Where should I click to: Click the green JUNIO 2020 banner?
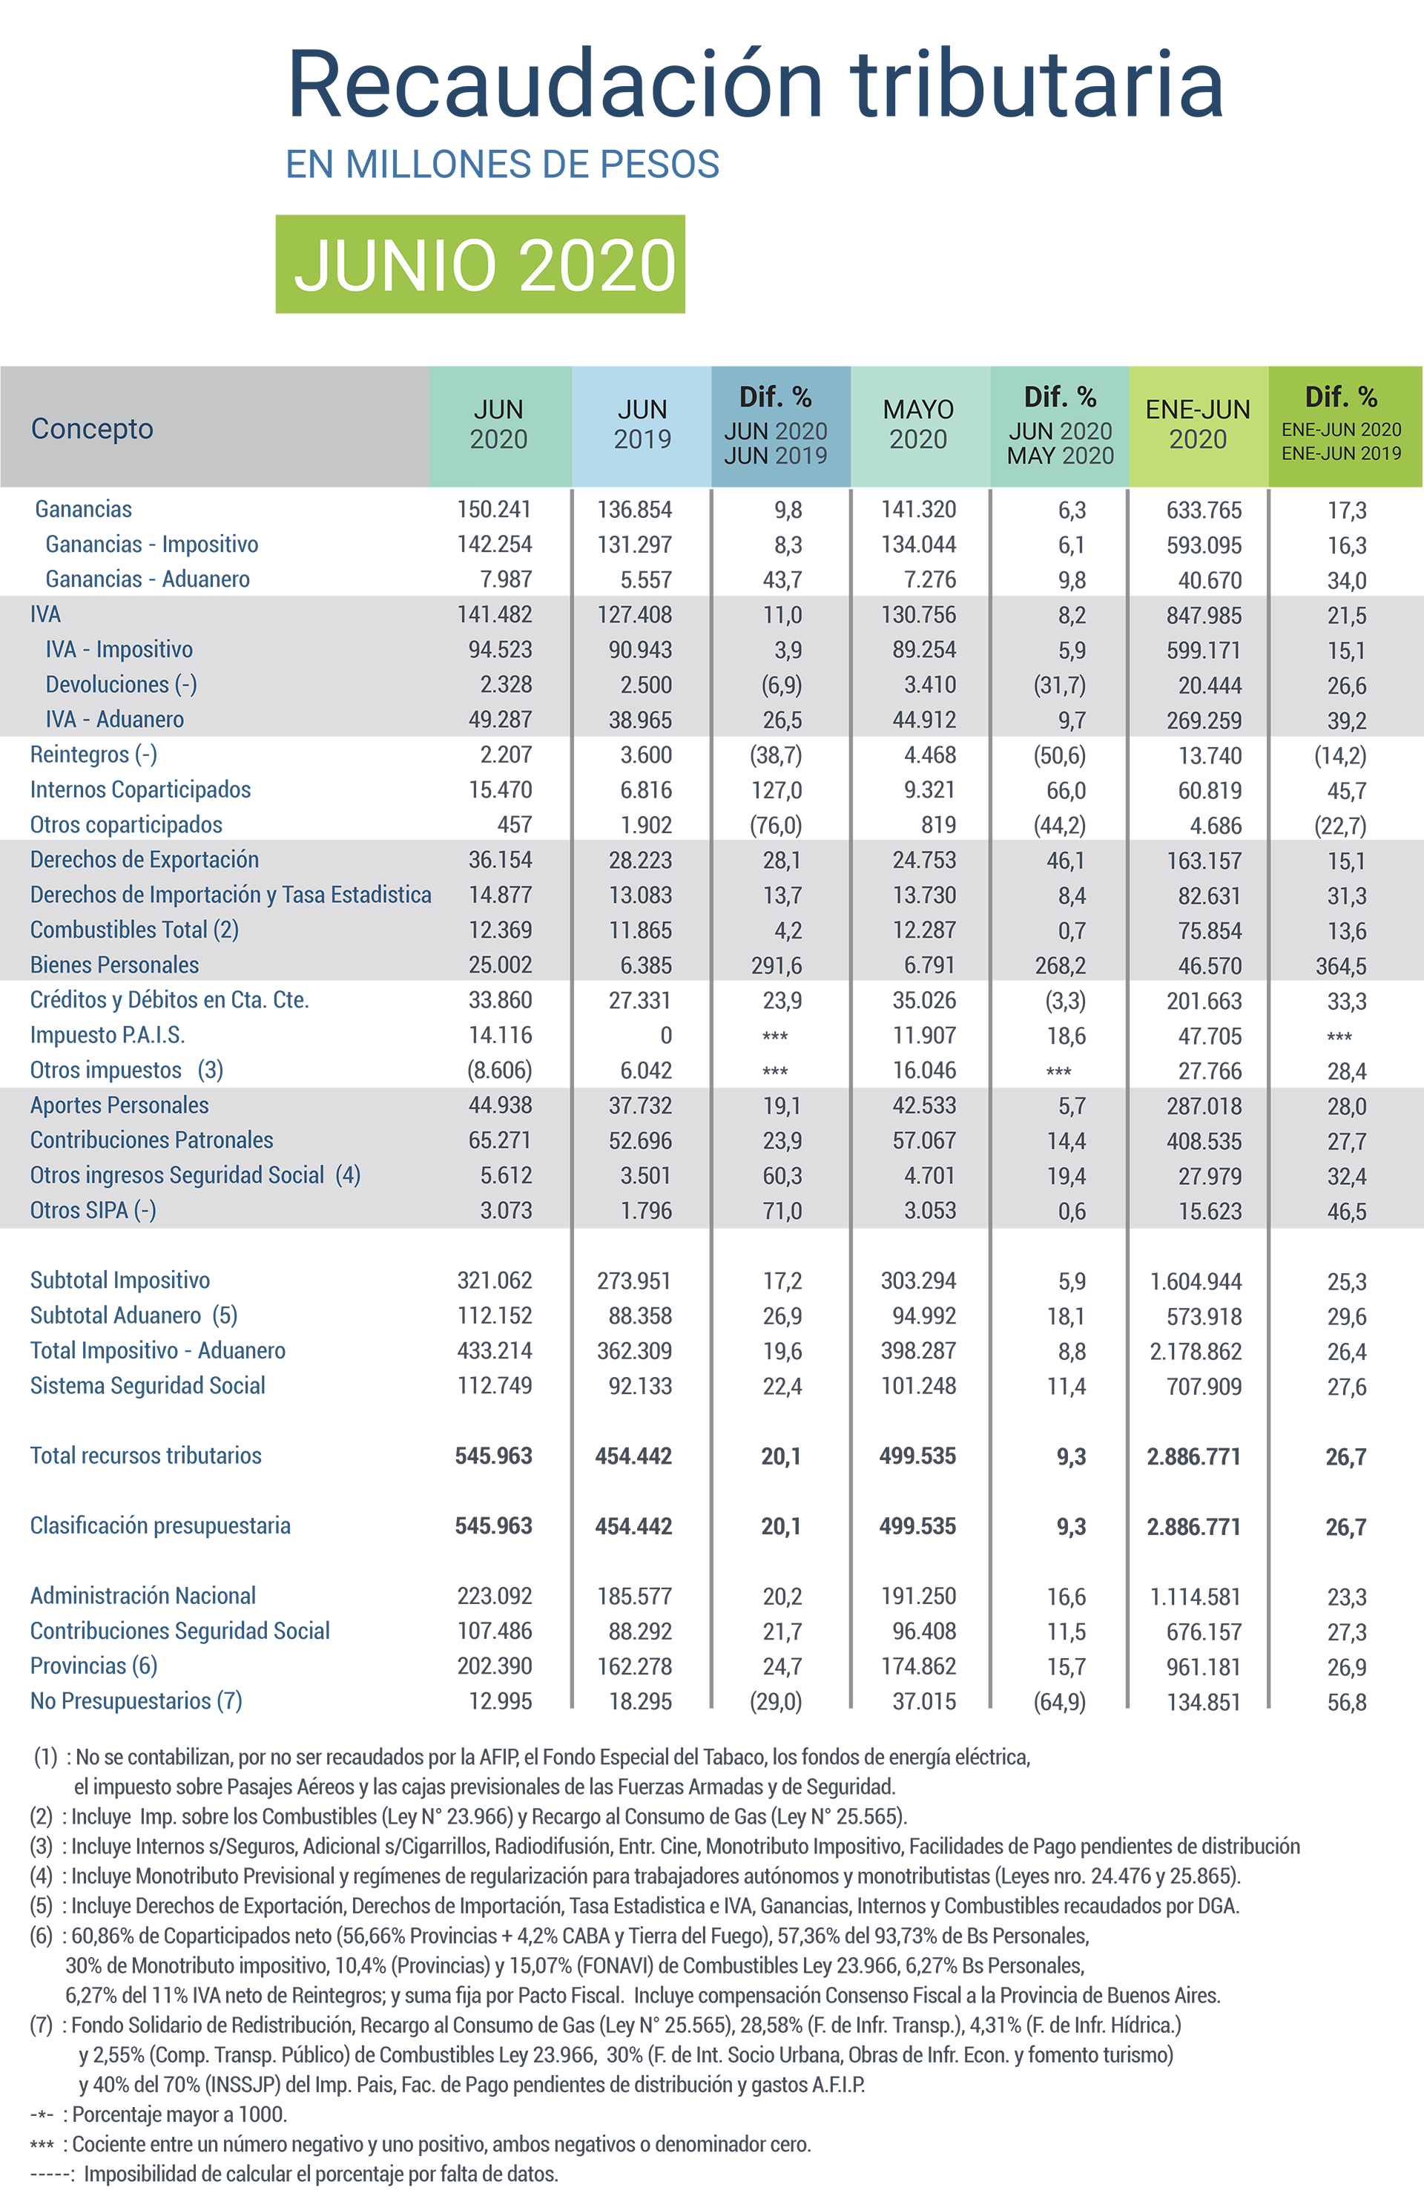click(x=480, y=265)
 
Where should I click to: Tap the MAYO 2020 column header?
click(x=918, y=424)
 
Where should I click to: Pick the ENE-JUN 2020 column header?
click(x=1198, y=424)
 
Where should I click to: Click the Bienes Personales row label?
click(x=115, y=964)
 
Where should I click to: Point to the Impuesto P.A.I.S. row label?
click(x=108, y=1035)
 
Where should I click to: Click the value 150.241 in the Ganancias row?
click(x=495, y=510)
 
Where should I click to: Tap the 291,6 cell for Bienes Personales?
click(x=776, y=965)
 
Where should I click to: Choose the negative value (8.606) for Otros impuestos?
click(x=499, y=1070)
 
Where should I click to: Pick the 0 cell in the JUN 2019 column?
click(x=666, y=1036)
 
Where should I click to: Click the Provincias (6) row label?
click(x=93, y=1666)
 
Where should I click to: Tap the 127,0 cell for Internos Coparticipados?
click(x=776, y=791)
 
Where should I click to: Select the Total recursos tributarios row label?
click(x=146, y=1456)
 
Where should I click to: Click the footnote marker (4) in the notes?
click(x=42, y=1876)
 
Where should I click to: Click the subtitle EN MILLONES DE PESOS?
click(x=502, y=165)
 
